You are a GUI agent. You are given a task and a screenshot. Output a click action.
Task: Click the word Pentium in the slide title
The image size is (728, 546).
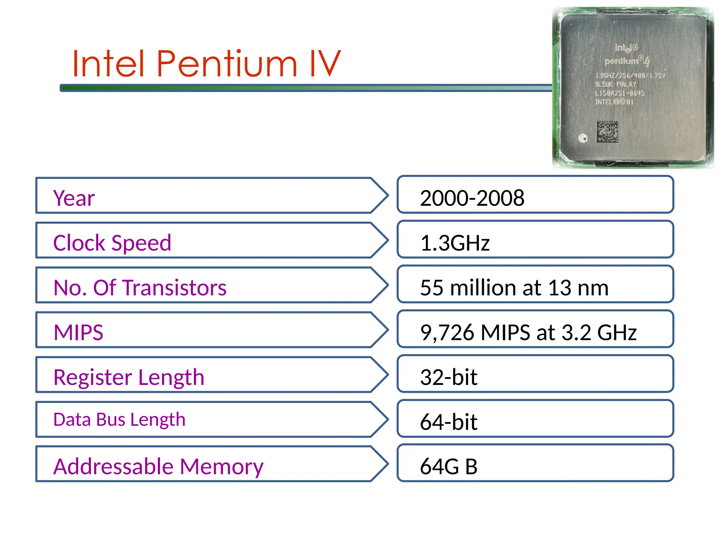click(226, 64)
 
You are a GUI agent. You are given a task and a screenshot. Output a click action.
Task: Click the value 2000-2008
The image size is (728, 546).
click(472, 198)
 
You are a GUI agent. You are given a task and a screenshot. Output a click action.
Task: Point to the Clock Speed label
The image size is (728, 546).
click(112, 243)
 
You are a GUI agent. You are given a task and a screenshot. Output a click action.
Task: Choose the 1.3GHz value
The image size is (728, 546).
click(455, 243)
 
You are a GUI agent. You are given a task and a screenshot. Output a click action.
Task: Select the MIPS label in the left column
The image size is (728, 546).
click(78, 332)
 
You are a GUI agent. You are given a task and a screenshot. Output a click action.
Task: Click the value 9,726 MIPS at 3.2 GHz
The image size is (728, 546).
click(528, 332)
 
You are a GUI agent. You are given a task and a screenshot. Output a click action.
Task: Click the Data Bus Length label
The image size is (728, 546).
click(119, 419)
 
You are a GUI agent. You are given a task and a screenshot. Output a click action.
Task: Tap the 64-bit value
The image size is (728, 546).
click(449, 422)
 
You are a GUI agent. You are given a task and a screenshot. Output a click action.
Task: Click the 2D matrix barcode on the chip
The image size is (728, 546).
click(607, 132)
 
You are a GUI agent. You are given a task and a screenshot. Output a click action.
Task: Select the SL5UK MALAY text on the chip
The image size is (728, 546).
click(616, 84)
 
